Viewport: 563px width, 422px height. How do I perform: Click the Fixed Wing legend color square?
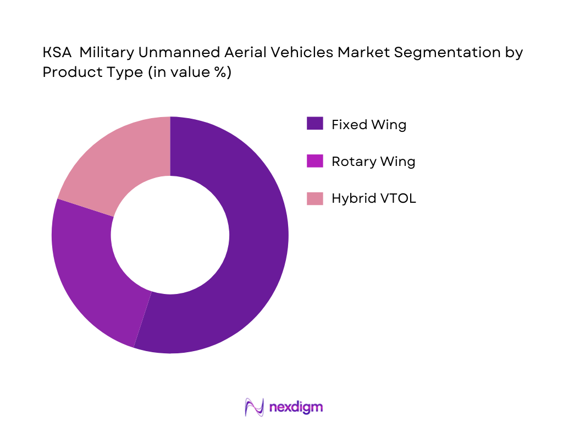point(314,124)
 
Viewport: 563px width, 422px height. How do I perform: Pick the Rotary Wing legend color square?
point(314,162)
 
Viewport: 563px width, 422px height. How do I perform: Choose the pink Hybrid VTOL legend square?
point(314,198)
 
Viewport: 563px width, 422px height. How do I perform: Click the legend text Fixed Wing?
point(368,125)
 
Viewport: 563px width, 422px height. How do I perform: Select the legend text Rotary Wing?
point(373,162)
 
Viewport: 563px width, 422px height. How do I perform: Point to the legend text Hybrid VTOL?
point(373,198)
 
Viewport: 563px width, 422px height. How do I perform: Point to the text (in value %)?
point(189,72)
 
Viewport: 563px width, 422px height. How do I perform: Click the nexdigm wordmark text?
point(296,407)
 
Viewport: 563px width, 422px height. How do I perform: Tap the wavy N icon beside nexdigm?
point(253,407)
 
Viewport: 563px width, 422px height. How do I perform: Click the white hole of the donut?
point(170,235)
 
